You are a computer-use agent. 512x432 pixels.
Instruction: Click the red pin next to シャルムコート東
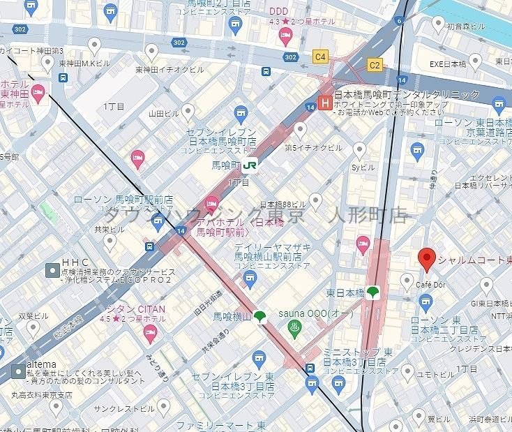pos(427,260)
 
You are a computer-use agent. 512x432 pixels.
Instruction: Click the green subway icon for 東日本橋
pos(374,292)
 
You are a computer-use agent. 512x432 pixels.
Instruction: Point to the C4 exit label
pos(320,56)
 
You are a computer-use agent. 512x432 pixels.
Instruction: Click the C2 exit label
pos(375,65)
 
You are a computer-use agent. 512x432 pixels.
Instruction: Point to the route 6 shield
pos(400,20)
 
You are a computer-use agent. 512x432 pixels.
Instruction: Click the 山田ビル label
pos(165,112)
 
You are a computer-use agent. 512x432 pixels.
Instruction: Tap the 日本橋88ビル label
pos(285,204)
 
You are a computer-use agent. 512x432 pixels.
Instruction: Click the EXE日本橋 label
pos(449,64)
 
